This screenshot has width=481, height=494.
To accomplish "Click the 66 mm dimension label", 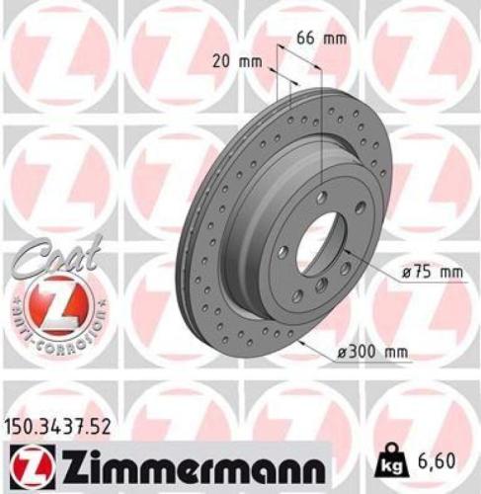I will pos(322,39).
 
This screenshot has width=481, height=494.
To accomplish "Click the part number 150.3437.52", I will pos(61,426).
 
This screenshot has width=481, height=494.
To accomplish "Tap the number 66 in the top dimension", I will pos(308,39).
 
